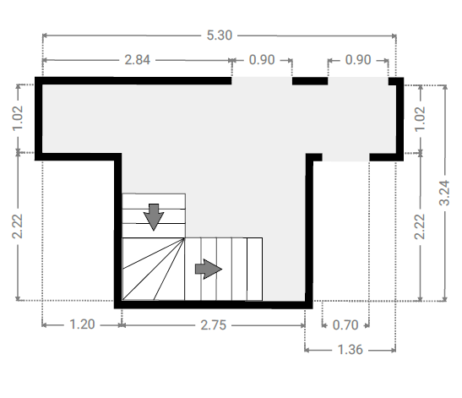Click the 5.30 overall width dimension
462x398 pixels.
click(220, 35)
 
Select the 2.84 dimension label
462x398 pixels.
click(138, 60)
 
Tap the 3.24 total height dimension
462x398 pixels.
click(444, 193)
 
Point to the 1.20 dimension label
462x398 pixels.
click(82, 324)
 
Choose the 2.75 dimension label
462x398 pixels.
click(214, 325)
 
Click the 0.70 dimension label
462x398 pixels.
click(345, 325)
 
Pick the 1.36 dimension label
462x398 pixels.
click(350, 350)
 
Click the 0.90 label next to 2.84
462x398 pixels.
click(262, 60)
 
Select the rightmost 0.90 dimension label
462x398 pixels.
click(358, 60)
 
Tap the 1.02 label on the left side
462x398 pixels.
click(18, 118)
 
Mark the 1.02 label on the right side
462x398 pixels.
click(420, 119)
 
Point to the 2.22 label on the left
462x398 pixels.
click(18, 226)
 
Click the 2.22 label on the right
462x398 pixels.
click(420, 226)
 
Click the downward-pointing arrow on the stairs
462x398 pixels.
click(154, 217)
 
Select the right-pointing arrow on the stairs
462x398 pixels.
click(209, 269)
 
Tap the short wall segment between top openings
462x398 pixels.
click(310, 81)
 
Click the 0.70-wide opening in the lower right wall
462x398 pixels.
click(345, 157)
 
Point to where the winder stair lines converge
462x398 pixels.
click(184, 238)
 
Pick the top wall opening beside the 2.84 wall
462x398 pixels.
click(262, 81)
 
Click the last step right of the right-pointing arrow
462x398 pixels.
click(254, 270)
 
